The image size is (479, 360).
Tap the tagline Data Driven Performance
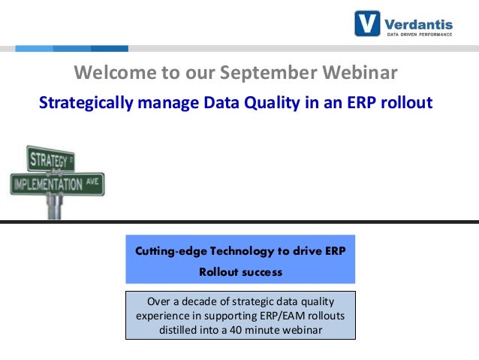pyautogui.click(x=420, y=34)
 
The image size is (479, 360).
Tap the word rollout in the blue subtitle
pyautogui.click(x=406, y=103)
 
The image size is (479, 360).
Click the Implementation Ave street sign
pyautogui.click(x=57, y=183)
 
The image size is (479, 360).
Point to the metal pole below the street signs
pyautogui.click(x=53, y=207)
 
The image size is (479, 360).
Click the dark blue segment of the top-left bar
pyautogui.click(x=109, y=49)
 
